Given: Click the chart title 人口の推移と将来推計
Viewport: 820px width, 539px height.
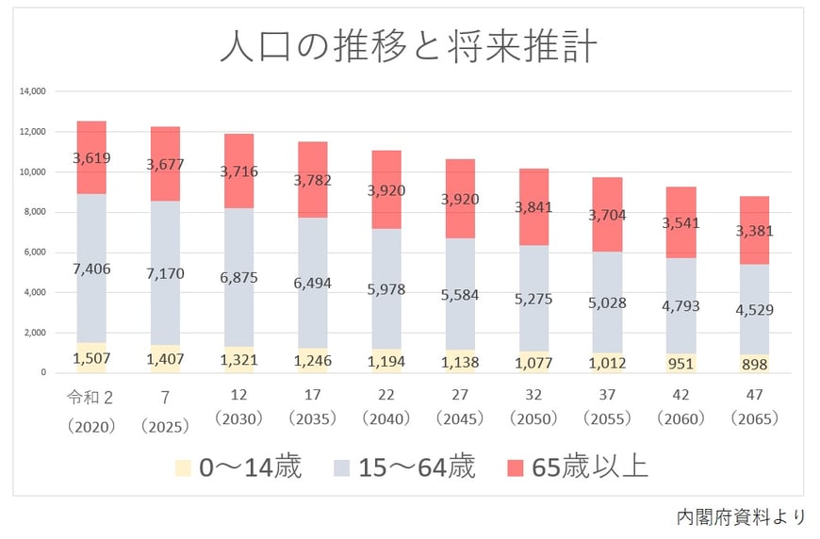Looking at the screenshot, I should click(407, 46).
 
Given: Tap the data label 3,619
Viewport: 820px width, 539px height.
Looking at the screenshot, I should click(90, 157).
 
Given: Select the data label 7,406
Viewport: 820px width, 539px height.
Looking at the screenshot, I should click(90, 269).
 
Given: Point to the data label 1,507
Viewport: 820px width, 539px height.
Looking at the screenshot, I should click(90, 357).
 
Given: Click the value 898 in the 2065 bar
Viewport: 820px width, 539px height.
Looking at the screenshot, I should click(755, 364).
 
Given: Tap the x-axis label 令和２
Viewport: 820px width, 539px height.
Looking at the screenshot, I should click(90, 396).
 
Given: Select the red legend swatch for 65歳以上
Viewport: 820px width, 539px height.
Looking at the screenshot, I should click(515, 467).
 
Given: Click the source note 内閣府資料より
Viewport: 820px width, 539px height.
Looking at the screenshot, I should click(741, 516).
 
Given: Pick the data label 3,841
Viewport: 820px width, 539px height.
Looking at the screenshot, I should click(533, 207).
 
